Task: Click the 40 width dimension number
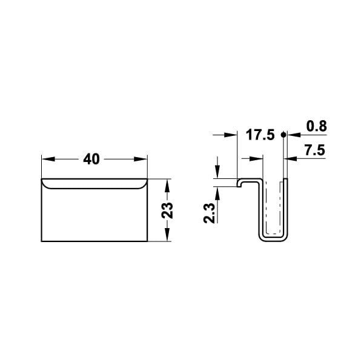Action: (92, 159)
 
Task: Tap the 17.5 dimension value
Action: (260, 135)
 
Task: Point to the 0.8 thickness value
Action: (316, 126)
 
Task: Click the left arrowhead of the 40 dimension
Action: (45, 159)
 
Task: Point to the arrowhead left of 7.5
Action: (290, 159)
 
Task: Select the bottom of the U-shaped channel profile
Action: (273, 238)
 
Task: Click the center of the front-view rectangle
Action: (94, 211)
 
